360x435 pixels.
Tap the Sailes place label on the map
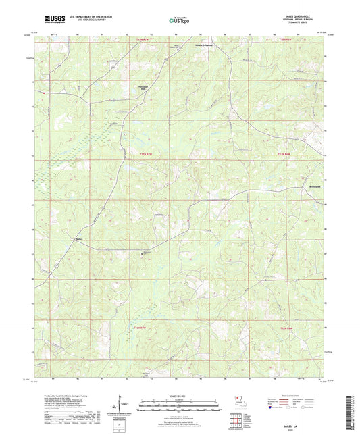pos(79,239)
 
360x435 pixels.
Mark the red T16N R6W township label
pos(287,328)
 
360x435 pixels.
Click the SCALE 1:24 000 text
pos(180,396)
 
